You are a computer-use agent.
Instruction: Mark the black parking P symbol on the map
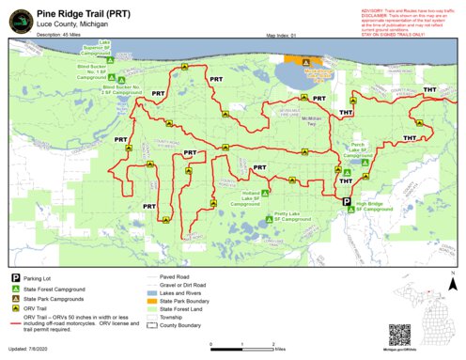pyautogui.click(x=346, y=201)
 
